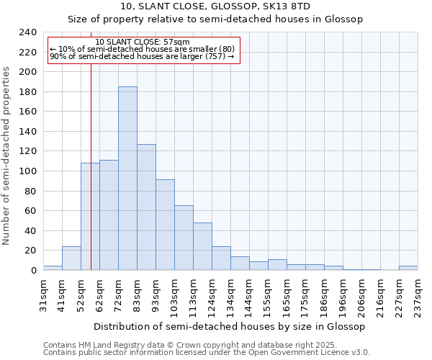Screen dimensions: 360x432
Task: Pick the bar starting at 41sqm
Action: click(x=71, y=258)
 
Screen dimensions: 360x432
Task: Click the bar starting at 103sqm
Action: click(x=184, y=238)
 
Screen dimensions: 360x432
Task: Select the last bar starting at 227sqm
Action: click(x=408, y=268)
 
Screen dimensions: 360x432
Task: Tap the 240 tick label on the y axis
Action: click(x=27, y=32)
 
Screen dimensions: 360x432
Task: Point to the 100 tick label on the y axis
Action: click(x=27, y=171)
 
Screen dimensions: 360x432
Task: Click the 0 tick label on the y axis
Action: click(x=33, y=270)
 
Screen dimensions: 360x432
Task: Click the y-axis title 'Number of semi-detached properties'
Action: click(x=7, y=156)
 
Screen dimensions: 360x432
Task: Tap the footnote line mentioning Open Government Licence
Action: click(x=207, y=352)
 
